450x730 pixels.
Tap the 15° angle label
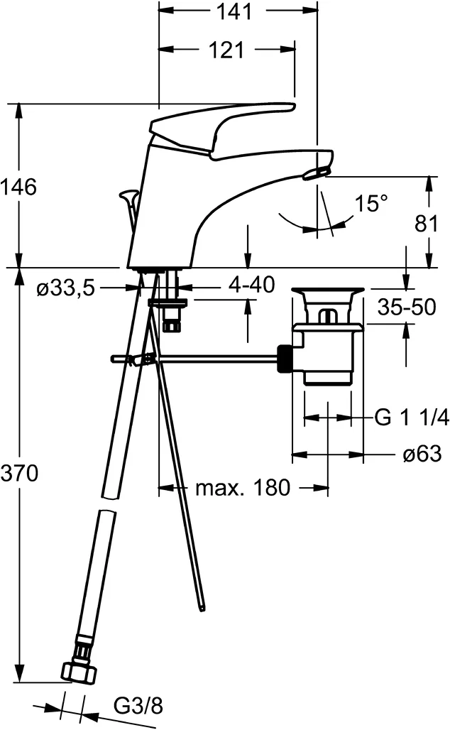pos(372,205)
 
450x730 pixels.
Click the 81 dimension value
pos(426,224)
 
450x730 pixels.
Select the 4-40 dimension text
pos(251,286)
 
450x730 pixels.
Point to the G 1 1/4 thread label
pos(411,418)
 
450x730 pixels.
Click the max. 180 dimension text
pos(243,488)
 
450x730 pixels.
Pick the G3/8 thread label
pos(138,706)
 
